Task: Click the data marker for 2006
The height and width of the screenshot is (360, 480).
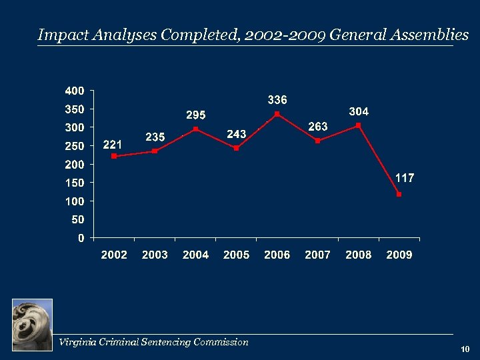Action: click(277, 114)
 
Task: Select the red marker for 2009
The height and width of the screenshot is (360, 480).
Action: click(399, 195)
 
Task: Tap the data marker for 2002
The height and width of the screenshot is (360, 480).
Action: click(114, 156)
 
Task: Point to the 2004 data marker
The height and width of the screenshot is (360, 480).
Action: click(195, 129)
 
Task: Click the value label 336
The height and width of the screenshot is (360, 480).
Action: click(277, 100)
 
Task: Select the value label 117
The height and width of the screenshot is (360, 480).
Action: click(405, 178)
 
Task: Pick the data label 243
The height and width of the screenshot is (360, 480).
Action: click(237, 134)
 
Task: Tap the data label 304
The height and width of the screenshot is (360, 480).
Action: click(359, 112)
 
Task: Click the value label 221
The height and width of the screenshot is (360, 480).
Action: click(112, 144)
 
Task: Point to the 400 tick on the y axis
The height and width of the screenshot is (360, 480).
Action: click(74, 90)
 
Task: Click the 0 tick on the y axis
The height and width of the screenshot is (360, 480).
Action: click(81, 237)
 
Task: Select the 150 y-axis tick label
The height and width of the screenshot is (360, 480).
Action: click(74, 183)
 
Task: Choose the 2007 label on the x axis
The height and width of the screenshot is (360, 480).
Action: click(317, 255)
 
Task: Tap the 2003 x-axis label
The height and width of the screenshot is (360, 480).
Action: click(155, 255)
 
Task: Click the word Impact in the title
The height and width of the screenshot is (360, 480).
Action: click(58, 35)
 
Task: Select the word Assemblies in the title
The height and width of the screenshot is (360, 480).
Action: click(433, 35)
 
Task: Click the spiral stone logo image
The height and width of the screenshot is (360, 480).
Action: click(32, 325)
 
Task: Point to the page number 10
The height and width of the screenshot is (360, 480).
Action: click(465, 349)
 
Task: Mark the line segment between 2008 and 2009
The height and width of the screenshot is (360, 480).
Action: click(379, 160)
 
